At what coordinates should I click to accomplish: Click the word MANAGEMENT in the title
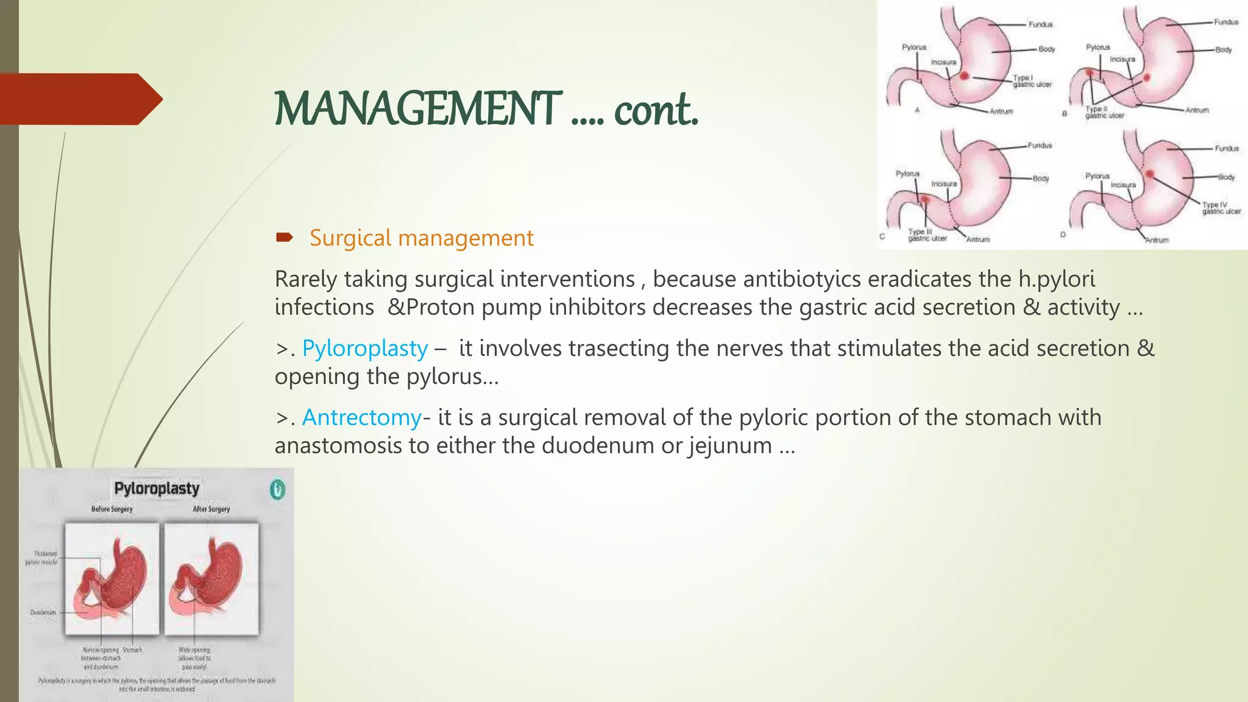[417, 109]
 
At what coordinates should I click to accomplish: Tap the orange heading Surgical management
[421, 238]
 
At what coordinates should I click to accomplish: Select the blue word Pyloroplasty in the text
[365, 349]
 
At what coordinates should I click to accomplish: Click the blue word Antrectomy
[362, 417]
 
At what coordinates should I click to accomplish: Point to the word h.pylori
[1056, 279]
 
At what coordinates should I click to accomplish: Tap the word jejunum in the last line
[731, 445]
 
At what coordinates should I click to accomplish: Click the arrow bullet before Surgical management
[284, 237]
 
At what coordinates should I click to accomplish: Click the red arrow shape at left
[79, 99]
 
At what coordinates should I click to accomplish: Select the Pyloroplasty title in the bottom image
[157, 489]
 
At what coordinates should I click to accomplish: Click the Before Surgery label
[112, 509]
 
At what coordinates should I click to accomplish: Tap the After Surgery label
[211, 509]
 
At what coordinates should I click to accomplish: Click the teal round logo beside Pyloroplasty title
[277, 489]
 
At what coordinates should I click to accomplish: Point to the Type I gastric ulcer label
[1032, 81]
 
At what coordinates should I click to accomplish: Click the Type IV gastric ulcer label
[1220, 208]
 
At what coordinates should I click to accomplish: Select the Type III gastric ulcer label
[927, 235]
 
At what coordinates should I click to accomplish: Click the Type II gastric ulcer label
[1104, 112]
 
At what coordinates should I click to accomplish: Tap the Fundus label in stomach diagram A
[1040, 24]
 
